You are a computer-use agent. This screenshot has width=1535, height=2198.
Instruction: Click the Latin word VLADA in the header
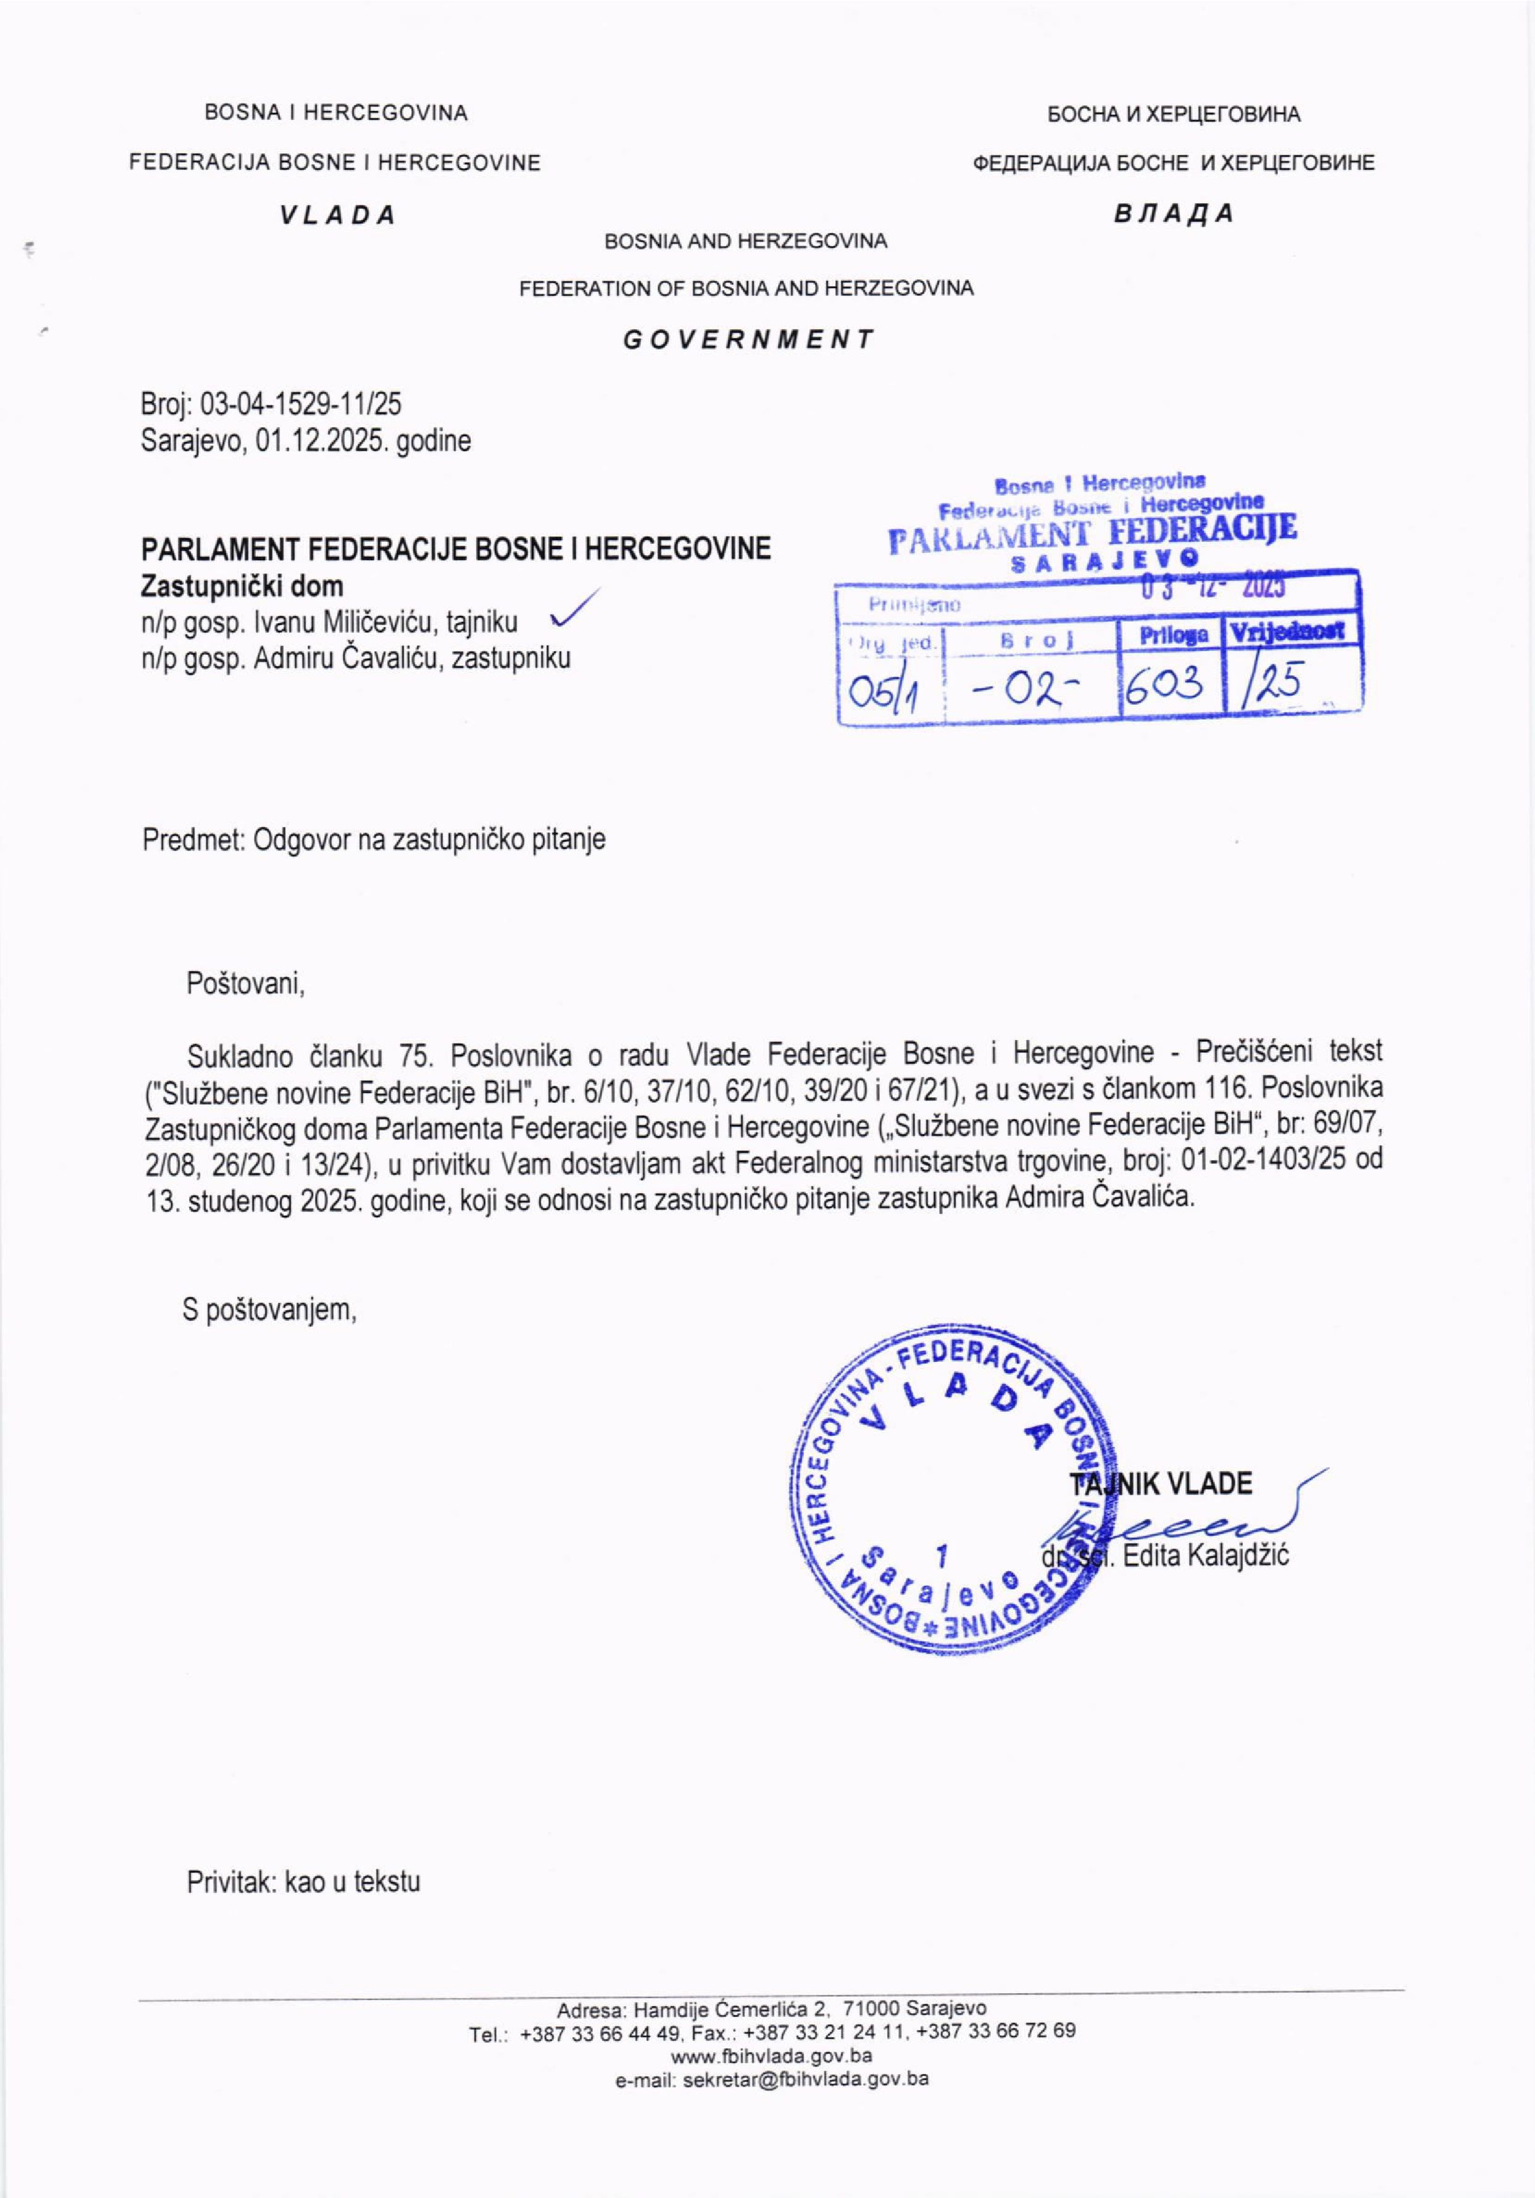click(x=337, y=215)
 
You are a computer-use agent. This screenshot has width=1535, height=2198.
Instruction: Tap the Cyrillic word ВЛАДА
click(x=1173, y=213)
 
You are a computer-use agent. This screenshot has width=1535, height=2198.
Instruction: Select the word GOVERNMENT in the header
click(x=748, y=339)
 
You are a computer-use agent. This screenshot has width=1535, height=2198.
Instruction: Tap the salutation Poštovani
click(x=245, y=983)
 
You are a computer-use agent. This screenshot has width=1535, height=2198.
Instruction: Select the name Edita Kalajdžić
click(x=1205, y=1556)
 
